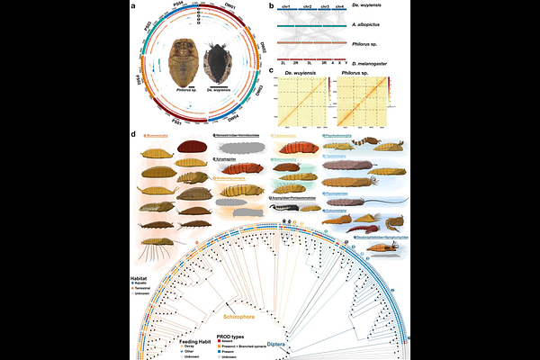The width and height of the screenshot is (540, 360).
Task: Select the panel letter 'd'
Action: pyautogui.click(x=134, y=136)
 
